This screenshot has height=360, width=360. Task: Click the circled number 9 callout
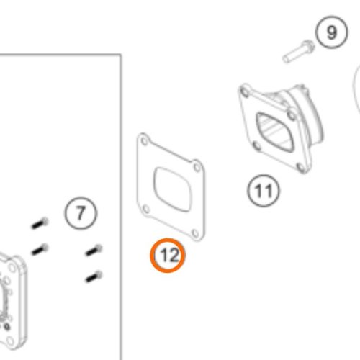331,32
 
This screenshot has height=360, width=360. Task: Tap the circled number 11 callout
264,191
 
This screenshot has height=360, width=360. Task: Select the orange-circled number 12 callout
168,256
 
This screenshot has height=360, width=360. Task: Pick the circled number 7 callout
81,213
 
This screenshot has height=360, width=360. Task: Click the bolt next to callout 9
298,51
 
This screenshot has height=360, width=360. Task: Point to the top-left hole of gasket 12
145,141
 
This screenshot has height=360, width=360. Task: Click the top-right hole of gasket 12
197,167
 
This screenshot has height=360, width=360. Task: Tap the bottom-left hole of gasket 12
145,210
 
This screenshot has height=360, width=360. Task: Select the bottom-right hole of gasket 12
196,233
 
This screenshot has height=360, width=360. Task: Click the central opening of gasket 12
173,189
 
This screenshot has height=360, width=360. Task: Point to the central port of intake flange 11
275,132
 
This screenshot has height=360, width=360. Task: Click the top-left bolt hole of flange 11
245,92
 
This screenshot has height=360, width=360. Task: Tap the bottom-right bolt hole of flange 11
300,166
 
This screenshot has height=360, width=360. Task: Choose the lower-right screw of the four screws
94,276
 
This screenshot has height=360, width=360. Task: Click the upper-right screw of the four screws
94,250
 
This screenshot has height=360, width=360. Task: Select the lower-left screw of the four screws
40,249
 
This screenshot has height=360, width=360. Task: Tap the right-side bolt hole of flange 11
292,115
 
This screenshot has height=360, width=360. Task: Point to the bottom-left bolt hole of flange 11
257,145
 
